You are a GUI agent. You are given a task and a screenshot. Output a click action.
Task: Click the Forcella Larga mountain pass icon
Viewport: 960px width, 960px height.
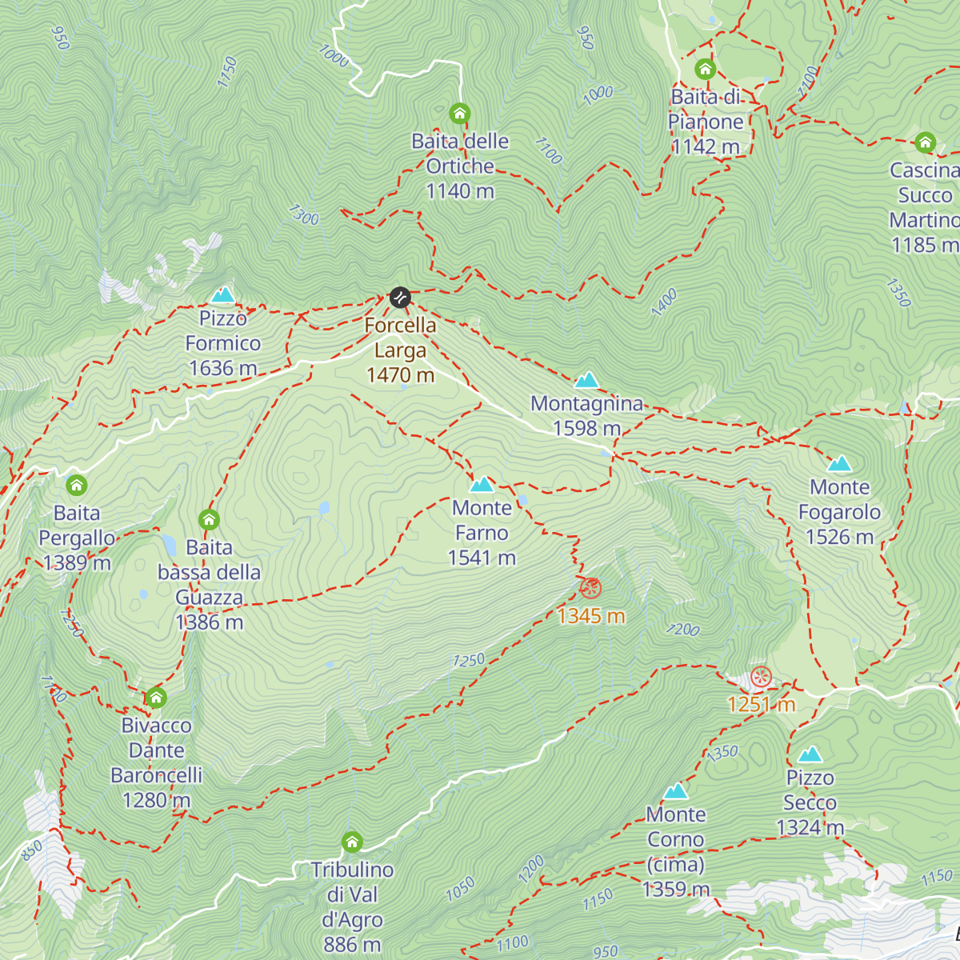click(x=400, y=298)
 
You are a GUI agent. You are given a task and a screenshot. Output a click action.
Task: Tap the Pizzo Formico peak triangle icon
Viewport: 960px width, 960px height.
click(x=222, y=295)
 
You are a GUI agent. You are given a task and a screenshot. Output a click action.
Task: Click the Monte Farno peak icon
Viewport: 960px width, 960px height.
click(x=482, y=484)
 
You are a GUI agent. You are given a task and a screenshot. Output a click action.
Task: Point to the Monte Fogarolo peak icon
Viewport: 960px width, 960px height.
click(x=839, y=463)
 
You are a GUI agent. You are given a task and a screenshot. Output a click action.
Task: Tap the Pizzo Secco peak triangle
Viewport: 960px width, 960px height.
click(x=810, y=754)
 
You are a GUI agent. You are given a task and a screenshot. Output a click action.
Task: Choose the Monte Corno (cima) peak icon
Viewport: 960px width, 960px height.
click(x=676, y=791)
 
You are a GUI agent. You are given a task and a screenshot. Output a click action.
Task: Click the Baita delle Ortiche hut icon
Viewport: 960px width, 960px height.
click(x=459, y=114)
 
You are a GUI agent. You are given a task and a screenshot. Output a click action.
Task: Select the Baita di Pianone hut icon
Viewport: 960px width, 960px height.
click(x=705, y=69)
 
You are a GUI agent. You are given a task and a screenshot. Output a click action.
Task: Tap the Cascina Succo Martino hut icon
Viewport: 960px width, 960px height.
click(x=925, y=143)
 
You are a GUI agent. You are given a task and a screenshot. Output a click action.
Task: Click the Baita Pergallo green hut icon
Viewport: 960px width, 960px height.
click(x=77, y=485)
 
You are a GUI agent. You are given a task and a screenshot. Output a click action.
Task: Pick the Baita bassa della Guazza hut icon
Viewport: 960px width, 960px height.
click(x=209, y=520)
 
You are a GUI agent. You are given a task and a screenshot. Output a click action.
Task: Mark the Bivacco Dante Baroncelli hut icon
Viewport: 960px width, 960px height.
click(x=156, y=698)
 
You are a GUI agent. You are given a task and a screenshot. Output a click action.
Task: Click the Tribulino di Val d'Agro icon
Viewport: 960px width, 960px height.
click(x=352, y=842)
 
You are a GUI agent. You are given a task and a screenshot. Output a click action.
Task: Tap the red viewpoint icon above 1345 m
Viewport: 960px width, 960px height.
click(x=590, y=589)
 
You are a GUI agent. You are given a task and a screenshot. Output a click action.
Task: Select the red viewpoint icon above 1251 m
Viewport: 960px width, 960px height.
click(x=761, y=677)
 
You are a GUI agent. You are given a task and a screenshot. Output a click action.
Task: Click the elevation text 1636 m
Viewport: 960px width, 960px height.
click(x=222, y=368)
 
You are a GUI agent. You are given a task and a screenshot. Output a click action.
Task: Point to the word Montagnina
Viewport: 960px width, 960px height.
click(x=587, y=403)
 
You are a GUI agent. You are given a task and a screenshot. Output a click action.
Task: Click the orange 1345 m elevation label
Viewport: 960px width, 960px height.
click(x=591, y=616)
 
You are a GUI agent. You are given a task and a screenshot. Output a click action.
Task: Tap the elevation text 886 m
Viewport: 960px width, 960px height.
click(x=352, y=945)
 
